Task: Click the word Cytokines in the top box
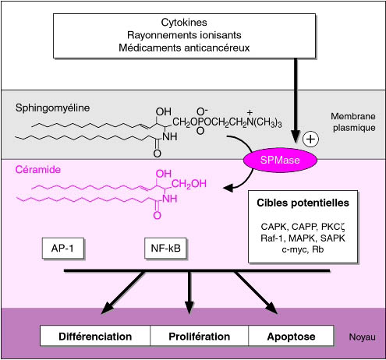[x=184, y=23]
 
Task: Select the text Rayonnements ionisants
[x=184, y=35]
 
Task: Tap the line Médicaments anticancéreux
[x=184, y=48]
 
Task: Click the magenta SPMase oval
[x=280, y=160]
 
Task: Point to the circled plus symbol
[x=310, y=139]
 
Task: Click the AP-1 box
[x=62, y=248]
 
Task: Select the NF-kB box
[x=165, y=248]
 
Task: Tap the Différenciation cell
[x=95, y=336]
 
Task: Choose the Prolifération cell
[x=200, y=336]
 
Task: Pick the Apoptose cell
[x=291, y=336]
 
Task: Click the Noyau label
[x=362, y=337]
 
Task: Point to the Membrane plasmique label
[x=353, y=122]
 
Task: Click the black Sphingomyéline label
[x=52, y=108]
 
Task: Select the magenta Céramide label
[x=38, y=169]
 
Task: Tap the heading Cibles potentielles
[x=303, y=203]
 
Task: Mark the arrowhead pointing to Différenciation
[x=107, y=308]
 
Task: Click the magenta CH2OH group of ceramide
[x=189, y=184]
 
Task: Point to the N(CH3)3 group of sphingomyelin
[x=264, y=122]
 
